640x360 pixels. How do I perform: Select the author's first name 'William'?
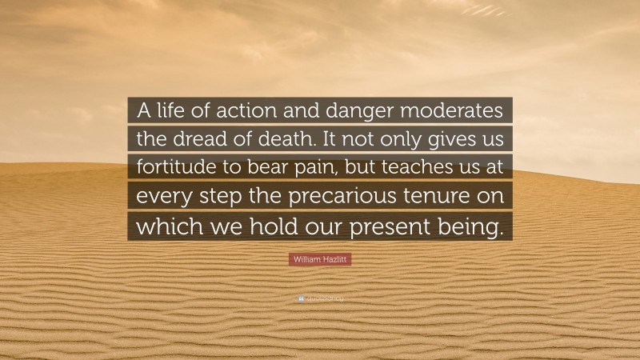click(310, 262)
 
